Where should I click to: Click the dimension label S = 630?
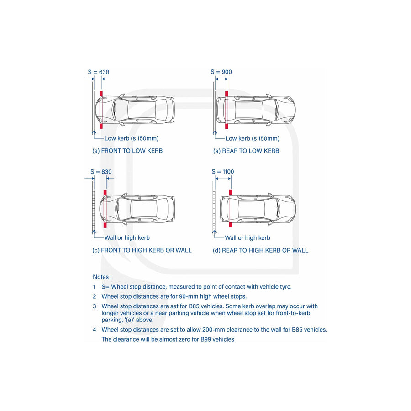99,72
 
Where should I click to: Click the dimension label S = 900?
221,72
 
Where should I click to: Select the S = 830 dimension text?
101,172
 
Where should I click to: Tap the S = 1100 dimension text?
223,172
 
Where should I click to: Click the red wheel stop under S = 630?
101,110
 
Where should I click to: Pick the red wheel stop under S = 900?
226,110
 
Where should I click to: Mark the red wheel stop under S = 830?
105,209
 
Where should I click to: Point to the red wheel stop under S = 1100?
231,209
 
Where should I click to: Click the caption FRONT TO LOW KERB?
127,151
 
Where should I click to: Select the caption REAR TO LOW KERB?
246,151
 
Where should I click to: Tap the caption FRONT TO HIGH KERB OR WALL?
142,250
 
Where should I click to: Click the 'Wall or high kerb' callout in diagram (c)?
127,237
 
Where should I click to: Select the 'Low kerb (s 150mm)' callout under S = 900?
252,138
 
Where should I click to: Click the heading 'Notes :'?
102,277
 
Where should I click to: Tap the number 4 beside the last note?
94,329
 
